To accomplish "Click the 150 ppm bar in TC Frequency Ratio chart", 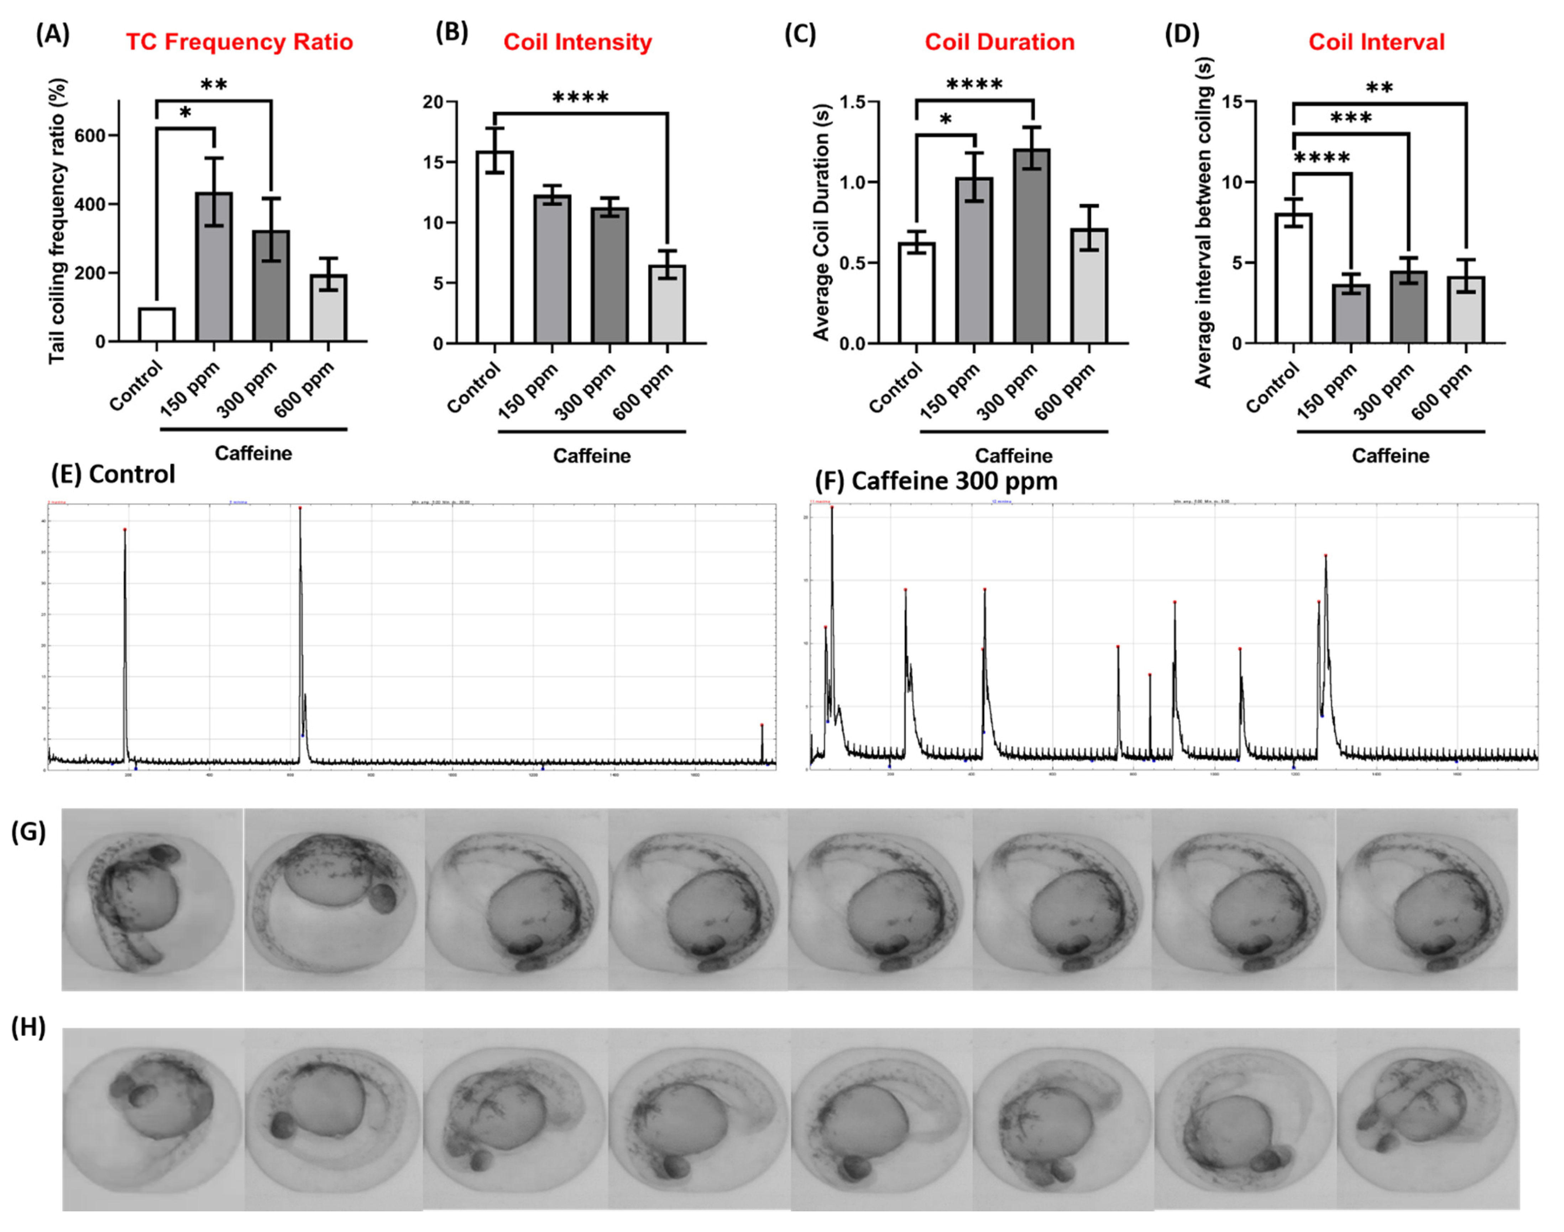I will [214, 267].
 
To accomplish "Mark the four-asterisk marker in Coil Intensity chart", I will [580, 98].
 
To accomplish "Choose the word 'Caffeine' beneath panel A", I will [253, 453].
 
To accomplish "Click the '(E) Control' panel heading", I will [113, 474].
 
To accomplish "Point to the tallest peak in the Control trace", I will [300, 509].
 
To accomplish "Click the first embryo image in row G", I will [152, 899].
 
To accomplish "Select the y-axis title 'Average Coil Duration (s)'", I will [821, 222].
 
